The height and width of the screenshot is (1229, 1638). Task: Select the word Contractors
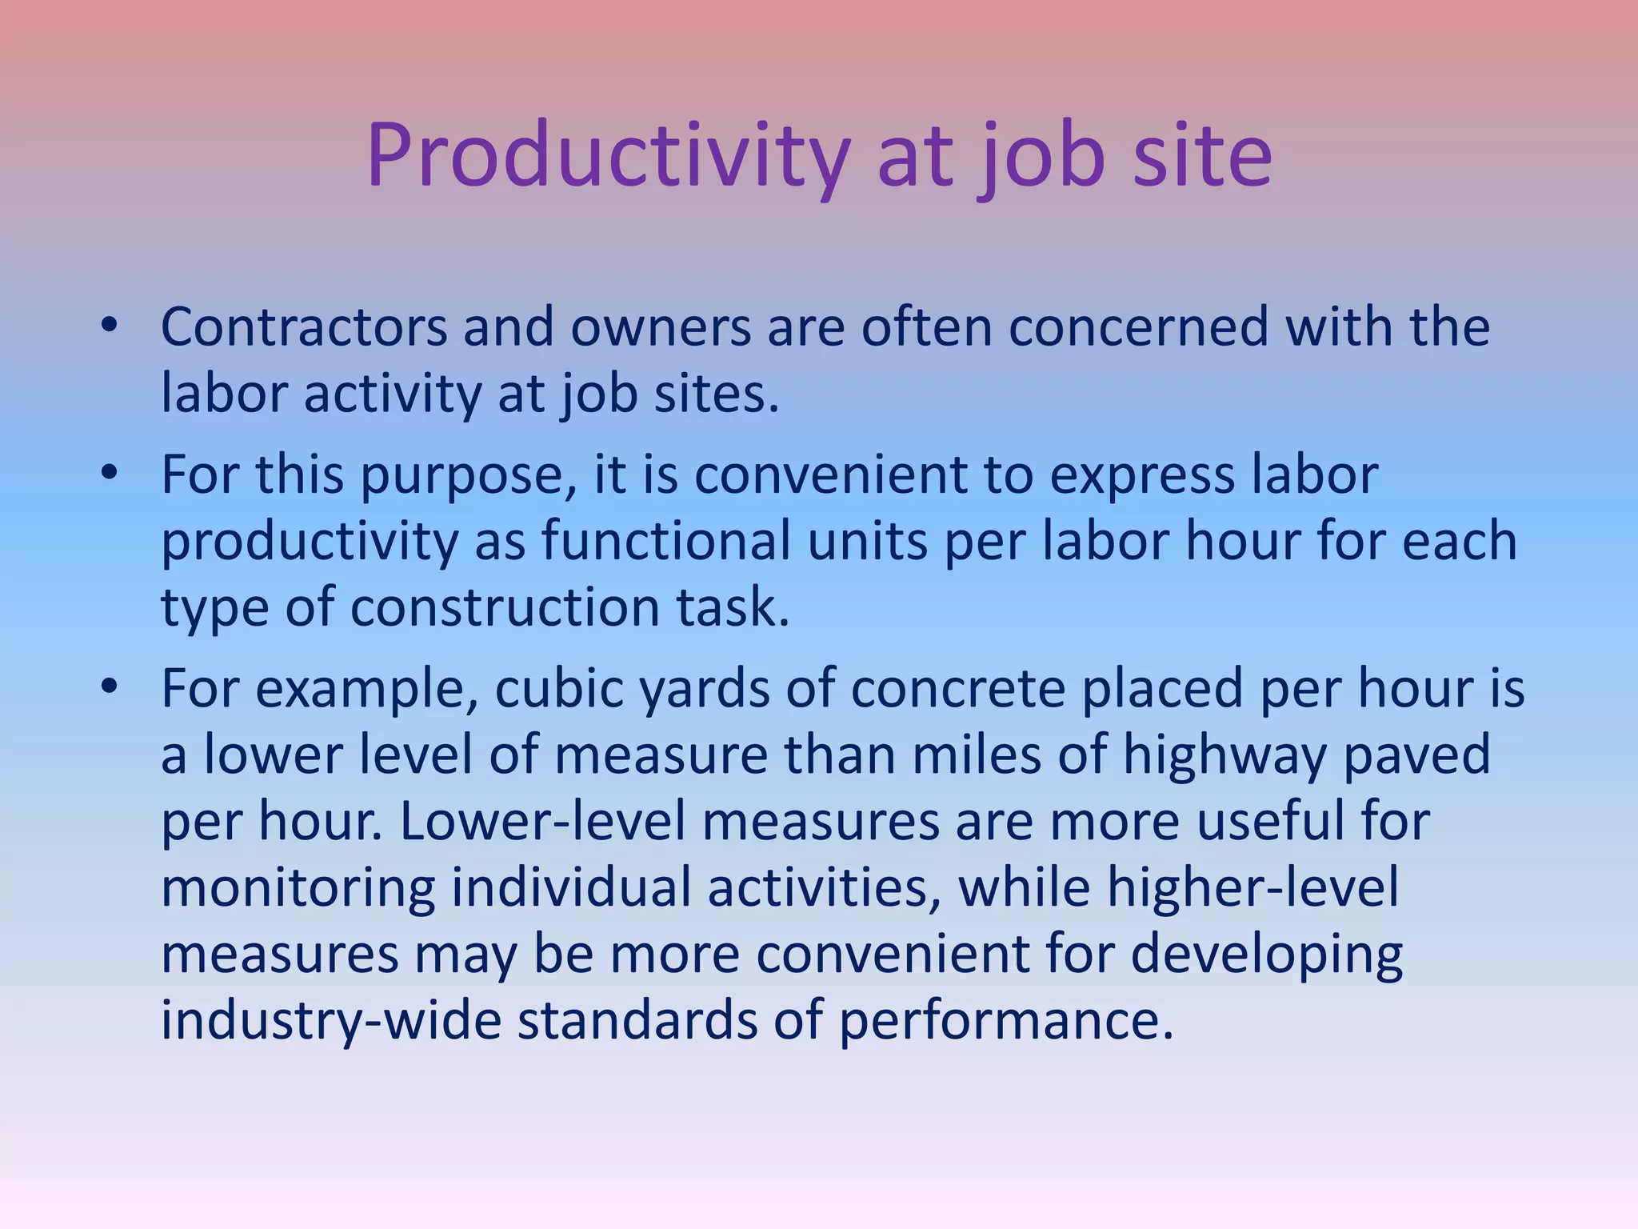(x=304, y=327)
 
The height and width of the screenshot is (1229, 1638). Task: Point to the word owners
(x=661, y=327)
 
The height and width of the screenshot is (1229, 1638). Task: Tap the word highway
(x=1224, y=756)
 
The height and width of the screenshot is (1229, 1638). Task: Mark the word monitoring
(x=298, y=889)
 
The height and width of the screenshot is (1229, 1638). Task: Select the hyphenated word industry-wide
(x=331, y=1022)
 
